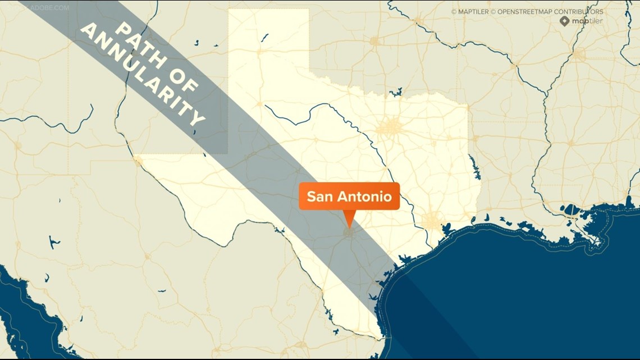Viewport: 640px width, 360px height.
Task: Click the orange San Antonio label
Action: pyautogui.click(x=349, y=197)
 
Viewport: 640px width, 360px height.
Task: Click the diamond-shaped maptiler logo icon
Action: pyautogui.click(x=564, y=21)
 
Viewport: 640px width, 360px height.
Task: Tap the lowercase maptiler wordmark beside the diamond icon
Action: pyautogui.click(x=587, y=21)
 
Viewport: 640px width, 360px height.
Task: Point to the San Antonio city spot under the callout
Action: pyautogui.click(x=349, y=231)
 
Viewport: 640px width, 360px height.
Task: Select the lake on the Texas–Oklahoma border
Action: pyautogui.click(x=398, y=91)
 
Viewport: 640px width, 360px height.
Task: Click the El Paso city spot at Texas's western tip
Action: pyautogui.click(x=138, y=162)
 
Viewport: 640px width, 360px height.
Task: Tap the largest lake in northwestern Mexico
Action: pyautogui.click(x=54, y=243)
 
